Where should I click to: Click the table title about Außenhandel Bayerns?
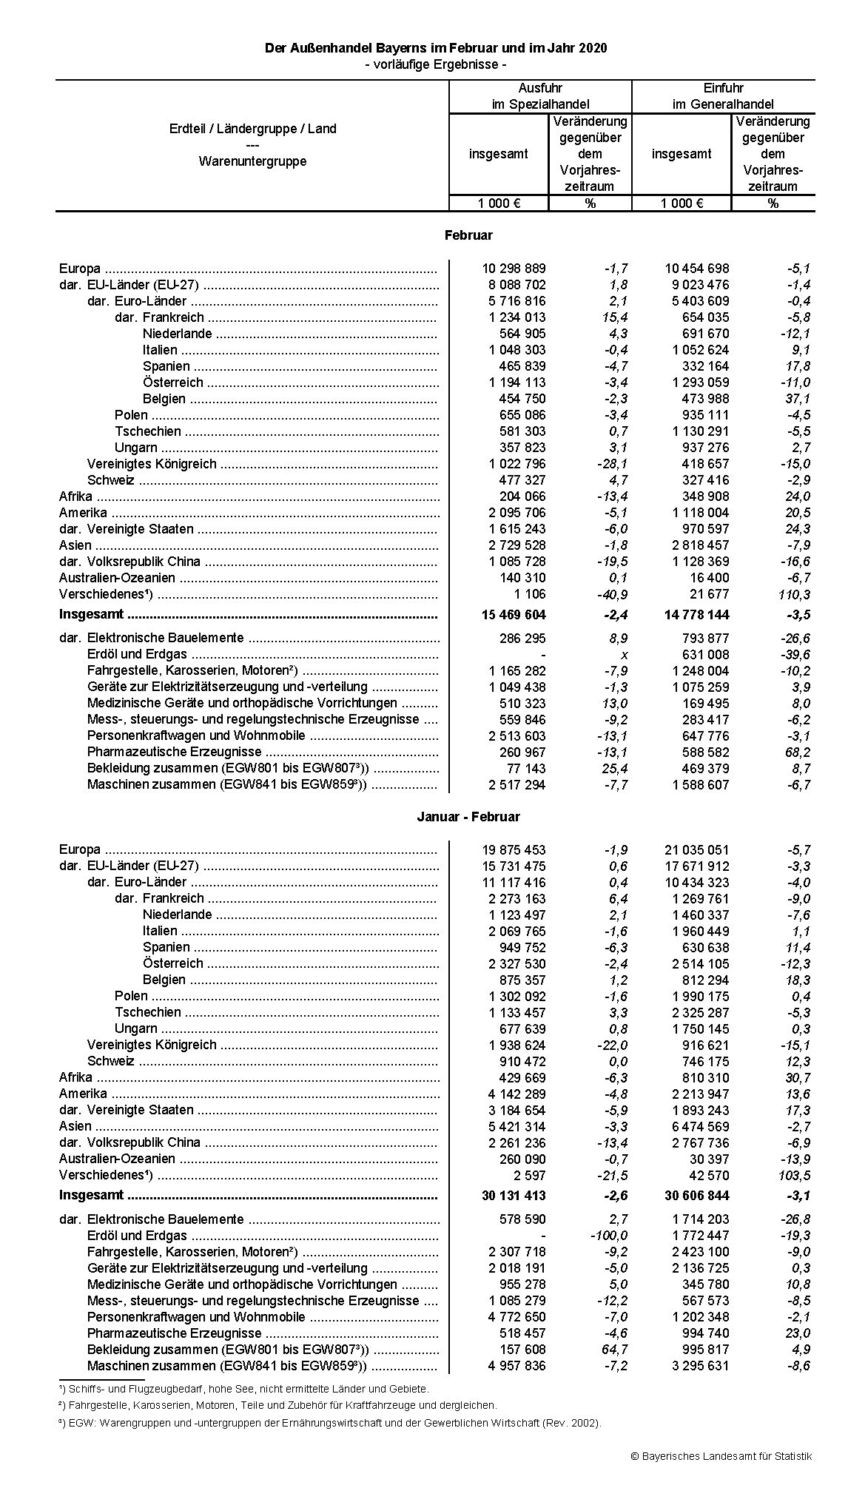(x=436, y=48)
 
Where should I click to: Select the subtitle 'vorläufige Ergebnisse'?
(x=436, y=64)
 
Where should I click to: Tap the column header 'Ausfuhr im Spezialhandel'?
(x=540, y=96)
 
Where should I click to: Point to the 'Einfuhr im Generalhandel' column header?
(x=723, y=96)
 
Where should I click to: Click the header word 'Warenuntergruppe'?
(x=252, y=161)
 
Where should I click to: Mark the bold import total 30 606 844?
(x=696, y=1196)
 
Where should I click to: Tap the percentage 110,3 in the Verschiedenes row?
(x=795, y=595)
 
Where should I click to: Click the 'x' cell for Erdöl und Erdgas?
(x=623, y=655)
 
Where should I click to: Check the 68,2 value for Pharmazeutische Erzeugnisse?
(x=797, y=752)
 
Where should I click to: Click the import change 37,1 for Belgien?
(x=797, y=399)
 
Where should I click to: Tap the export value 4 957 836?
(x=516, y=1366)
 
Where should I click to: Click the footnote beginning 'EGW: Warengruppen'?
(x=329, y=1422)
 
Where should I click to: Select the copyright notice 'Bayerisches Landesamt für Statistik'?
(x=721, y=1456)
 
